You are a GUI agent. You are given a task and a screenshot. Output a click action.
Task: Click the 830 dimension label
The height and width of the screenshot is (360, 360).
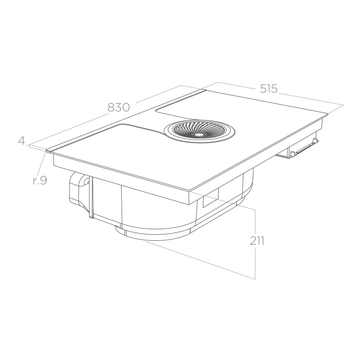pyautogui.click(x=119, y=107)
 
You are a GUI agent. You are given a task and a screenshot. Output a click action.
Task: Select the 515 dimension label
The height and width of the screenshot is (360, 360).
pyautogui.click(x=269, y=89)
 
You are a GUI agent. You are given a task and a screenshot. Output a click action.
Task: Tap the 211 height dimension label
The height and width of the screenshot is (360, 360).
pyautogui.click(x=257, y=241)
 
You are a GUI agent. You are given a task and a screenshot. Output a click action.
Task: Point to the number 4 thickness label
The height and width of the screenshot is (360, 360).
pyautogui.click(x=21, y=141)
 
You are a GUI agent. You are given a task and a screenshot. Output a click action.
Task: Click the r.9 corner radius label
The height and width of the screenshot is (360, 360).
pyautogui.click(x=40, y=180)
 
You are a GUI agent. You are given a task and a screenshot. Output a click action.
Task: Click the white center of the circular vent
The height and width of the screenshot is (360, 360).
pyautogui.click(x=199, y=135)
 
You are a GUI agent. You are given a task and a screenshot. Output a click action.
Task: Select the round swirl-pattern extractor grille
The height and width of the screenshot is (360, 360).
pyautogui.click(x=199, y=132)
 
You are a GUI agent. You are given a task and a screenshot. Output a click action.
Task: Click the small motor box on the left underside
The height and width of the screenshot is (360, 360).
pyautogui.click(x=80, y=190)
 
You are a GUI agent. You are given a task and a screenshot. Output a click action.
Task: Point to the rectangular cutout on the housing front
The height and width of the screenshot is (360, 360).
pyautogui.click(x=211, y=199)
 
